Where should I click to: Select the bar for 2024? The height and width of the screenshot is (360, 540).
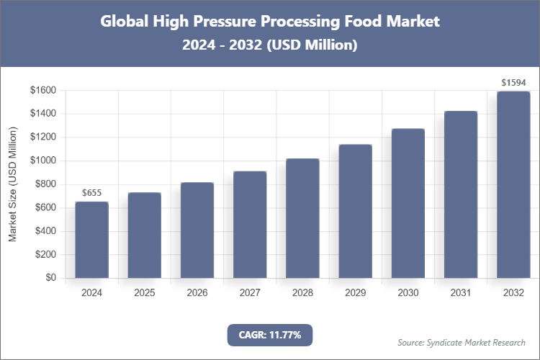91,240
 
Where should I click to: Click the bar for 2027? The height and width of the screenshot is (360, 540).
250,225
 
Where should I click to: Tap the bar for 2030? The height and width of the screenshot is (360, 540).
408,203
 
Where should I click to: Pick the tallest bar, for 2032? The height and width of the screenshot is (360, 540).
513,184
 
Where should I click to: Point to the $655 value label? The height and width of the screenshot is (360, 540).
92,193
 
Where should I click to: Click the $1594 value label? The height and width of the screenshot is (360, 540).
513,83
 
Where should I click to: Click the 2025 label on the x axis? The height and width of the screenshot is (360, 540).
144,293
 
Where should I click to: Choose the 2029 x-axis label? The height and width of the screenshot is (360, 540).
355,293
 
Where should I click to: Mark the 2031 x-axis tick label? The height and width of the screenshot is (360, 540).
461,293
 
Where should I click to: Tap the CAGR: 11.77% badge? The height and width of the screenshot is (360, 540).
270,335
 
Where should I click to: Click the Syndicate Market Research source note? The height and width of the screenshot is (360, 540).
462,342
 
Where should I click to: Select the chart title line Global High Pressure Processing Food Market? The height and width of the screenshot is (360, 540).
270,22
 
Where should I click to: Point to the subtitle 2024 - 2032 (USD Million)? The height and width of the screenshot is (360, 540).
270,45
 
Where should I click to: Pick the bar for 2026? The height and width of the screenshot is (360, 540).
197,230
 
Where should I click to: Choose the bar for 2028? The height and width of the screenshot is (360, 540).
302,218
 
